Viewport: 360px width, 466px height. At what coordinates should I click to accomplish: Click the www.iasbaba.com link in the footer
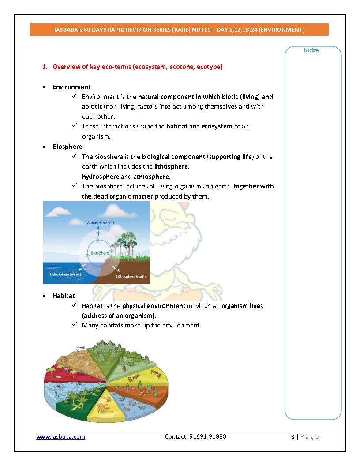(60, 436)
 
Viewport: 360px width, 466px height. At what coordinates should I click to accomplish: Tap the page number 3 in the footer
(293, 436)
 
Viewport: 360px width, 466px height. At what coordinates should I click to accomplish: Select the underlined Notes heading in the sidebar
(311, 50)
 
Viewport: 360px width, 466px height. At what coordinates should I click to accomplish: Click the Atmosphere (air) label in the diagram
(101, 223)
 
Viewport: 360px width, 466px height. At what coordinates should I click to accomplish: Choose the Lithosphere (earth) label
(131, 277)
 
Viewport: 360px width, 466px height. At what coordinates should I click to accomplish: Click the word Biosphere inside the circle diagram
(100, 253)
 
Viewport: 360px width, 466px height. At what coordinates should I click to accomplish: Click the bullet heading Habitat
(64, 296)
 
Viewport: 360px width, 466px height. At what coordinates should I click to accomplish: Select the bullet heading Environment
(72, 87)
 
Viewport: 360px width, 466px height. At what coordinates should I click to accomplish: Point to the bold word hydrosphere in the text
(101, 177)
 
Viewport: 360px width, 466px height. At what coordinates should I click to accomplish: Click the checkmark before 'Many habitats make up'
(75, 325)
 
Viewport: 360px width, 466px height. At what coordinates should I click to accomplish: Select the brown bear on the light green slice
(124, 368)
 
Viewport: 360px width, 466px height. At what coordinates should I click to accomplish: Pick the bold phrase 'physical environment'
(154, 306)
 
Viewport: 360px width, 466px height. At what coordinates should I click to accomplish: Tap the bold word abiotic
(92, 106)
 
